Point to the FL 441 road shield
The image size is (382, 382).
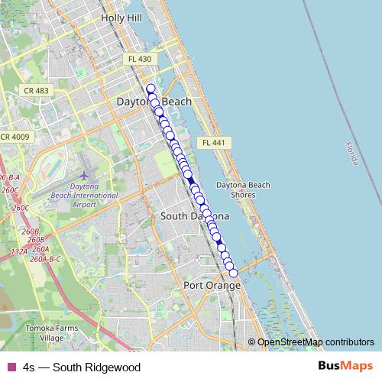pyautogui.click(x=212, y=143)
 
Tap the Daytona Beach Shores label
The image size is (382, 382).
pyautogui.click(x=242, y=189)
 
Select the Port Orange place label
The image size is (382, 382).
pyautogui.click(x=212, y=285)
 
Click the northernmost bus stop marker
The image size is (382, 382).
pyautogui.click(x=151, y=88)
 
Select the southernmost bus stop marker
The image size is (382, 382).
pyautogui.click(x=233, y=274)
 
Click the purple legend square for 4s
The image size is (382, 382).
pyautogui.click(x=10, y=367)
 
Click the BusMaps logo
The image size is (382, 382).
pyautogui.click(x=345, y=366)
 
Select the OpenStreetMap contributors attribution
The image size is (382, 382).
pyautogui.click(x=316, y=342)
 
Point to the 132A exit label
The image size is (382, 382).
pyautogui.click(x=19, y=251)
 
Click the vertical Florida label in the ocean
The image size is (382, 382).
pyautogui.click(x=351, y=154)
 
